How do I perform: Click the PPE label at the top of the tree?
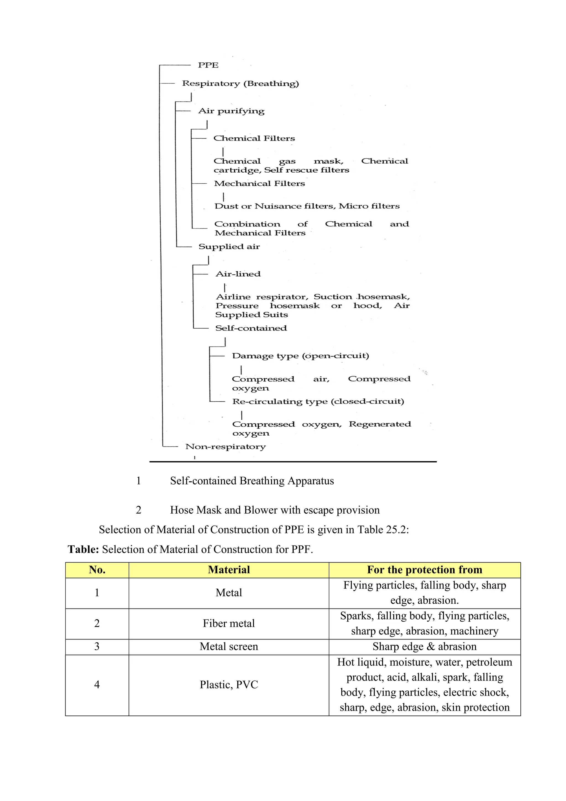click(x=208, y=65)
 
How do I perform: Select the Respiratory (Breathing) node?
click(x=240, y=84)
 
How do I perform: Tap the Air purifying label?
click(x=231, y=111)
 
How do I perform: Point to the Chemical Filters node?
click(x=254, y=139)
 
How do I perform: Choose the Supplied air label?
click(x=229, y=247)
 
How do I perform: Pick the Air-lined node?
click(x=238, y=274)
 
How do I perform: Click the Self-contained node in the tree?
click(x=251, y=328)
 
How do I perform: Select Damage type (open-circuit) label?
click(x=300, y=356)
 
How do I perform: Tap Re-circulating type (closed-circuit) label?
click(x=318, y=402)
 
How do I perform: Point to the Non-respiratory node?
click(x=226, y=447)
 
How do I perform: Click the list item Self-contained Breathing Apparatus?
click(x=252, y=481)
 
